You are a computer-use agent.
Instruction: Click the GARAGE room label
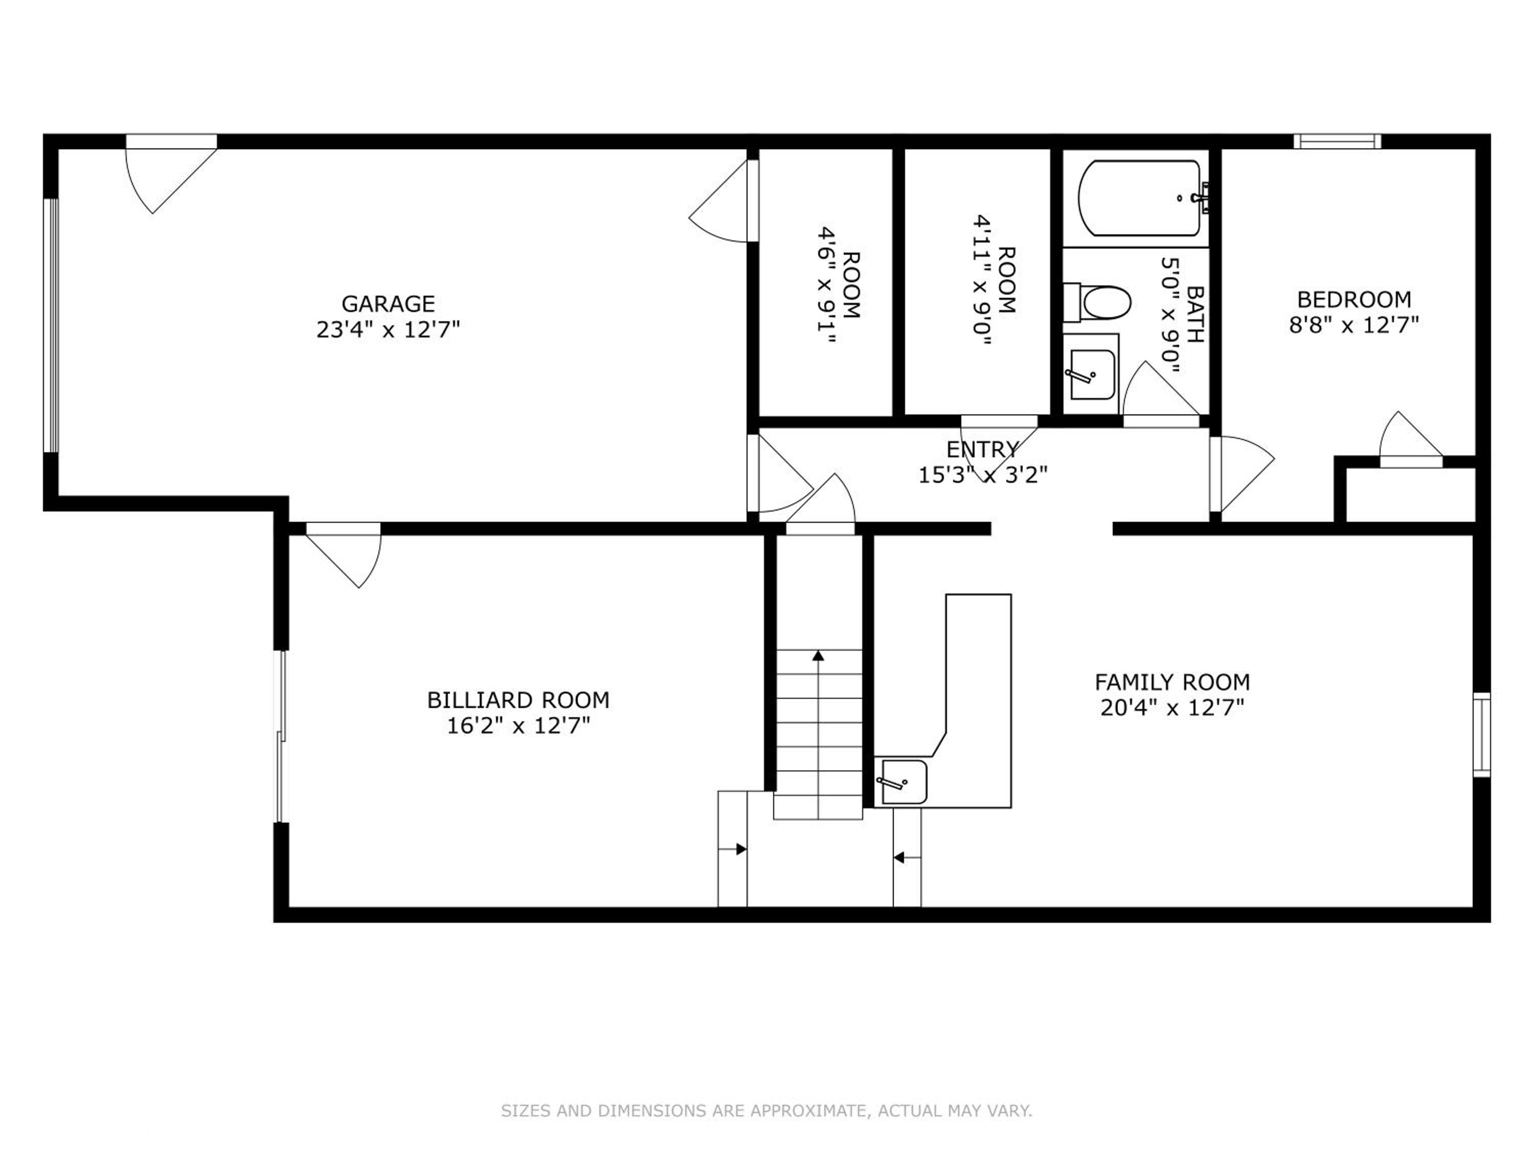pyautogui.click(x=388, y=304)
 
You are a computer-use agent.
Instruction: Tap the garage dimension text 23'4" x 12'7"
pyautogui.click(x=388, y=329)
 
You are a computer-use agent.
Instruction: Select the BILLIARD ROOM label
pyautogui.click(x=518, y=700)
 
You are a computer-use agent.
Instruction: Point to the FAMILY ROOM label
pyautogui.click(x=1172, y=682)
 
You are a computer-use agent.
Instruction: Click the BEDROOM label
pyautogui.click(x=1353, y=300)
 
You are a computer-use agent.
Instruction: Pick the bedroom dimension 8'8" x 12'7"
pyautogui.click(x=1353, y=325)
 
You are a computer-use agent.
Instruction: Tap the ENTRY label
pyautogui.click(x=983, y=450)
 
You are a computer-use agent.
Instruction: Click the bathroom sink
pyautogui.click(x=1092, y=374)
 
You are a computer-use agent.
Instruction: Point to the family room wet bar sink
pyautogui.click(x=904, y=782)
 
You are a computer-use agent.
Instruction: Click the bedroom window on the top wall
pyautogui.click(x=1338, y=142)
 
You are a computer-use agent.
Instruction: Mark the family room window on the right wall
pyautogui.click(x=1481, y=734)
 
